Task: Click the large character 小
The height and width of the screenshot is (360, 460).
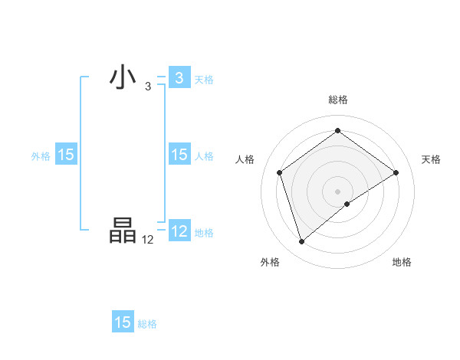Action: pos(123,78)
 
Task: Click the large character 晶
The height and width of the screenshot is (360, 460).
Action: pos(123,231)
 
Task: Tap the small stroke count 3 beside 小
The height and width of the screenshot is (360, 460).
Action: pos(148,86)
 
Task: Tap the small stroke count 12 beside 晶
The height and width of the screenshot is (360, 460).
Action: pos(148,239)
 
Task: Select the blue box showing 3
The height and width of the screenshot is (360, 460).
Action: pos(179,78)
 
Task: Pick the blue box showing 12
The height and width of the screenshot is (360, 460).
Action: pos(179,231)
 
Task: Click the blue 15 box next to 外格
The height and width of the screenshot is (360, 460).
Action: pos(66,155)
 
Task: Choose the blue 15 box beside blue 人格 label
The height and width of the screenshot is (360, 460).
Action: pos(179,155)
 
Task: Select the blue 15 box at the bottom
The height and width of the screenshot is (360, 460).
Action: pos(123,322)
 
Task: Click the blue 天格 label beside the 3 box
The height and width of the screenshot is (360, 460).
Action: pos(204,79)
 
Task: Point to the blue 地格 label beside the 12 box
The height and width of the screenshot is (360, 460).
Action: pos(204,232)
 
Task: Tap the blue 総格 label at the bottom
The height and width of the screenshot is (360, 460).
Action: pos(147,324)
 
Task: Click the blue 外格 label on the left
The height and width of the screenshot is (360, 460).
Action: pos(41,155)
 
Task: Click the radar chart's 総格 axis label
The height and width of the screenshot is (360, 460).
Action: pos(338,100)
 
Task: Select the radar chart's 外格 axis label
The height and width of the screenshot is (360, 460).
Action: pos(270,262)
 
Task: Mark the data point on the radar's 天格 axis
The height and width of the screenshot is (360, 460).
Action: pos(396,172)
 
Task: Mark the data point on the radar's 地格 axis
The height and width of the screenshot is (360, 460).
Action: pos(347,204)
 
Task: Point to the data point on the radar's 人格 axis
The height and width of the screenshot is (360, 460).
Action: pos(280,172)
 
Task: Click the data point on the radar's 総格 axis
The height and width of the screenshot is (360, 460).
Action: pos(338,131)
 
